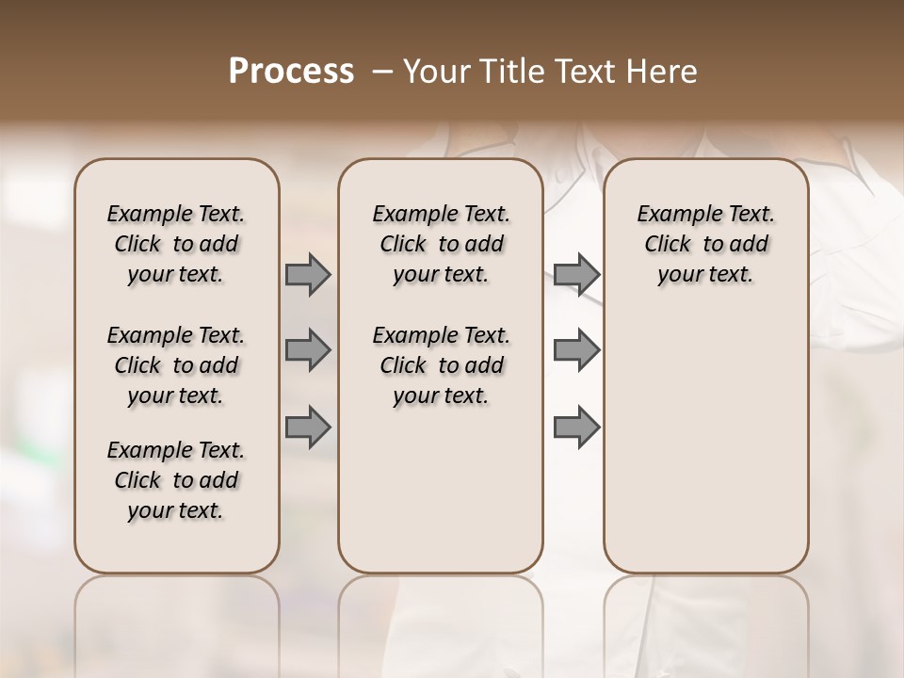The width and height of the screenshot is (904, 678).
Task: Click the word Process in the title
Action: tap(291, 72)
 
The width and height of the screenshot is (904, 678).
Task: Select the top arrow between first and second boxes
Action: tap(308, 275)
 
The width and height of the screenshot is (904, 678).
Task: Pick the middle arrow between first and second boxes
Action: tap(308, 350)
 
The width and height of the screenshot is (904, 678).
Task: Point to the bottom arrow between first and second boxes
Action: tap(308, 427)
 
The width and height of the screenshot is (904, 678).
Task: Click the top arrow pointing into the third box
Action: tap(576, 275)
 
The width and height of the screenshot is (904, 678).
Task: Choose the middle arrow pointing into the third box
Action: tap(576, 350)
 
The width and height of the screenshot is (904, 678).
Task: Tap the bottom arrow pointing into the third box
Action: tap(576, 427)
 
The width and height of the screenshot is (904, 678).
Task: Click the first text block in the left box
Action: tap(176, 244)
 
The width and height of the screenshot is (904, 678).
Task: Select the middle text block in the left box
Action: tap(176, 365)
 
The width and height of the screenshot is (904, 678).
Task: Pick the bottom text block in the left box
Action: tap(176, 480)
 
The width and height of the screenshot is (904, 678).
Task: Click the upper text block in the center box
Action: tap(441, 244)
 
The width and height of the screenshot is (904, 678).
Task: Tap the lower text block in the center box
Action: tap(441, 365)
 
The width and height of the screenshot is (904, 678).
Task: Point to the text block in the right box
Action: tap(705, 244)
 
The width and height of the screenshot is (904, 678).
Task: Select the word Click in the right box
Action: tap(668, 245)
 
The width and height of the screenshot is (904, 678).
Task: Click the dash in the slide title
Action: tap(382, 72)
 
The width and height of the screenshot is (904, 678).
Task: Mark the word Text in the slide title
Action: tap(583, 72)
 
